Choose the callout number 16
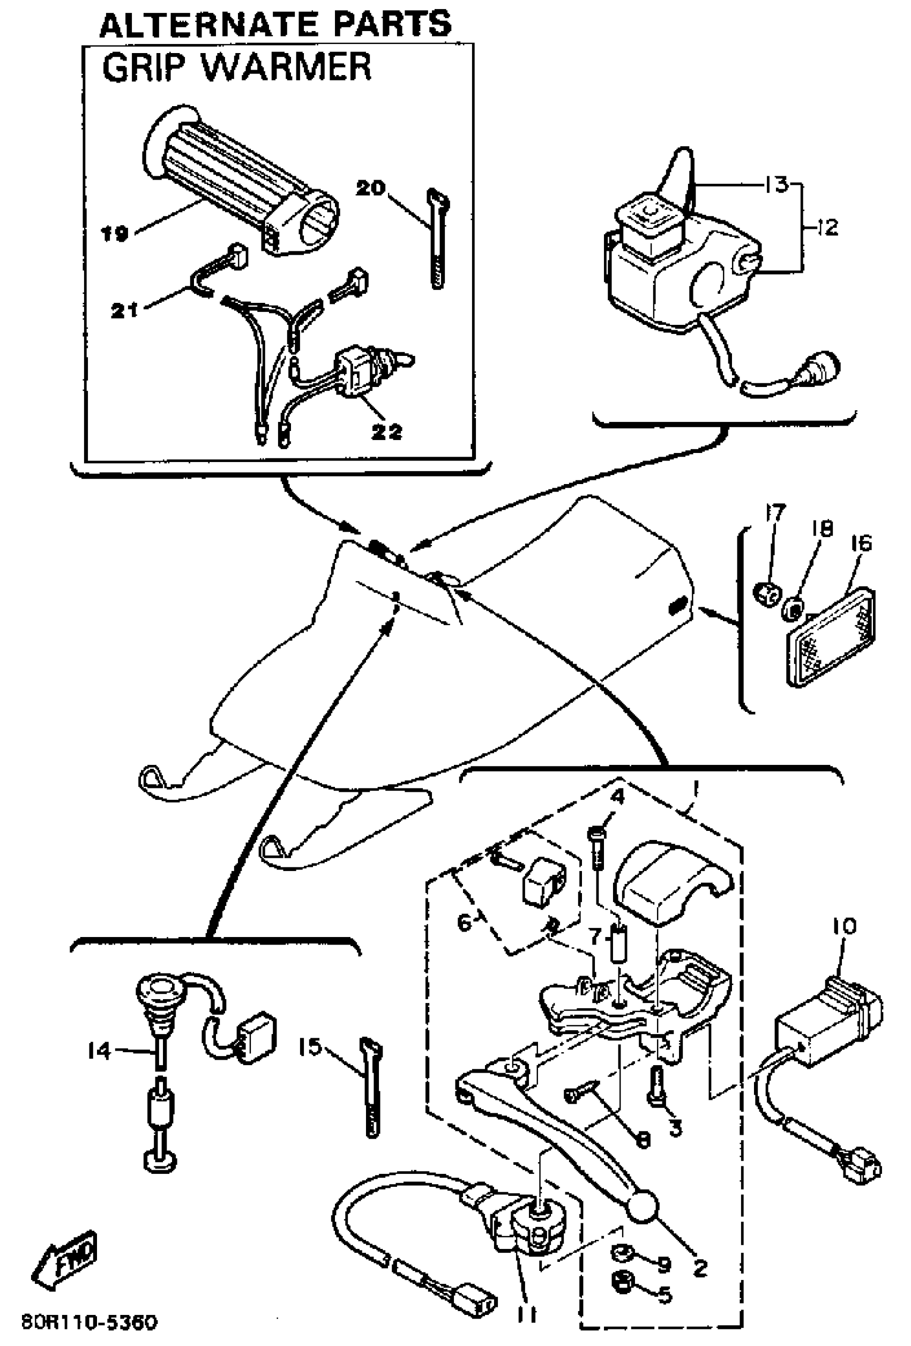(861, 543)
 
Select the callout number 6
(464, 923)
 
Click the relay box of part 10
(823, 1020)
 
